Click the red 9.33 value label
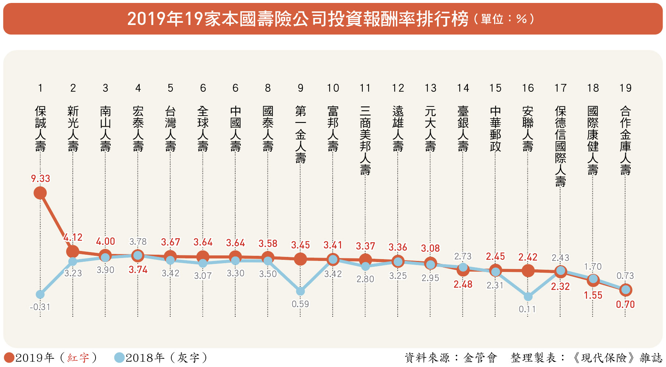coord(40,179)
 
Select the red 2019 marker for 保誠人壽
coord(40,193)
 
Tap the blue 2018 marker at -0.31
coord(40,294)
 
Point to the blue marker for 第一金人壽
coord(300,291)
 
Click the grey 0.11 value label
coord(527,309)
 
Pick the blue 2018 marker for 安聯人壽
coord(528,296)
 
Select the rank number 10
coord(333,88)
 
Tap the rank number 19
coord(625,88)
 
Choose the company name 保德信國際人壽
coord(560,146)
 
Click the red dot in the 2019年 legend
coord(9,357)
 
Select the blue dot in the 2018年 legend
coord(119,357)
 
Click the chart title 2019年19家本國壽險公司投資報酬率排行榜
coord(298,19)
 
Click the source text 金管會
coord(480,357)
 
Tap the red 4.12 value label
coord(73,238)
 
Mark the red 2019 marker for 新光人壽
coord(73,251)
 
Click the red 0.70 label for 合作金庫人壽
coord(625,305)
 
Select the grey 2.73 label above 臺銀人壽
coord(463,257)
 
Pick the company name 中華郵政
coord(495,128)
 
